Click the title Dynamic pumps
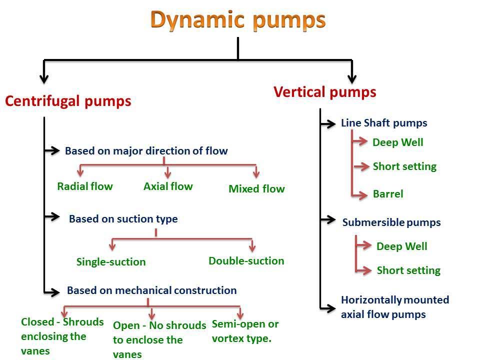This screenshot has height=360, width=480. [x=238, y=20]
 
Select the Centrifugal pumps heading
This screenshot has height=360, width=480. [x=68, y=101]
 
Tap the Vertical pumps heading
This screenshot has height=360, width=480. [x=325, y=92]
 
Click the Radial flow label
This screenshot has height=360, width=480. [x=85, y=186]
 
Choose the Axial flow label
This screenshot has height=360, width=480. [x=168, y=186]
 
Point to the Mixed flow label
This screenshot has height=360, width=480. [x=256, y=189]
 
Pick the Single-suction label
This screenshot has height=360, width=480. [x=111, y=262]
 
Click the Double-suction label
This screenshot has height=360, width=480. [x=246, y=260]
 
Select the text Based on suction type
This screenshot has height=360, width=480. [x=123, y=219]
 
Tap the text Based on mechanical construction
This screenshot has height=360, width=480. [x=151, y=290]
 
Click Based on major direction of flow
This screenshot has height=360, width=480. [x=146, y=150]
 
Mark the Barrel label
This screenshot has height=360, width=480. [x=388, y=194]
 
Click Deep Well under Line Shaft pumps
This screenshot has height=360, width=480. [x=398, y=142]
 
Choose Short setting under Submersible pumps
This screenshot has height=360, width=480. [x=408, y=270]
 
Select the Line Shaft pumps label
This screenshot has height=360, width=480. [x=384, y=123]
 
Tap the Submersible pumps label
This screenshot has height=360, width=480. [x=391, y=222]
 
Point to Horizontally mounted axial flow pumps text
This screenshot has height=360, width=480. [x=394, y=307]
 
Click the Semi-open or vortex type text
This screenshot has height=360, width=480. [x=245, y=331]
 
